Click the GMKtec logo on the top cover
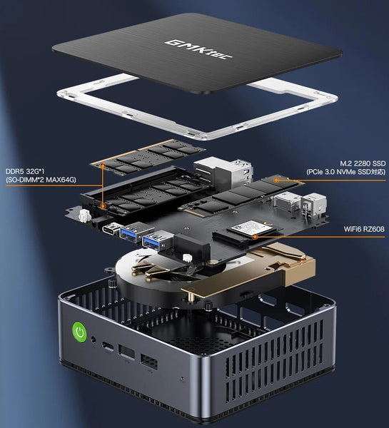[x=198, y=49]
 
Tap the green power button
[x=79, y=332]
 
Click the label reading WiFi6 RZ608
[x=364, y=229]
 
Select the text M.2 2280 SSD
[x=363, y=163]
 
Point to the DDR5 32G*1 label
[x=25, y=171]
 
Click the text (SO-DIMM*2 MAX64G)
[x=41, y=180]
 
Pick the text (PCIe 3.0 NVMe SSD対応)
[x=346, y=172]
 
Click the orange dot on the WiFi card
[x=255, y=237]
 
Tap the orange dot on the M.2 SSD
[x=276, y=180]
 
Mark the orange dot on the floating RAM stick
[x=103, y=165]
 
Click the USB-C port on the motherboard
[x=111, y=228]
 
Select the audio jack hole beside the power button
[x=94, y=340]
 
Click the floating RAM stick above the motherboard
[x=148, y=157]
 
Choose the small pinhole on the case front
[x=183, y=379]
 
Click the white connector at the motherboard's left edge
[x=85, y=216]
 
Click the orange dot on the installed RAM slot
[x=103, y=205]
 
